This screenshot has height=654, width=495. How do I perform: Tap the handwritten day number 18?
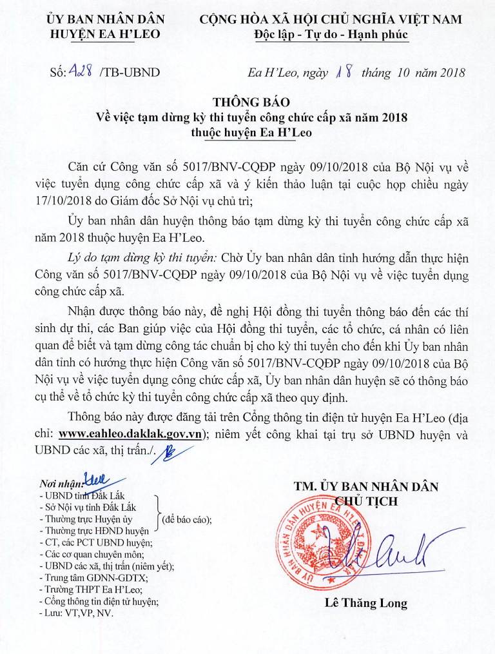point(344,72)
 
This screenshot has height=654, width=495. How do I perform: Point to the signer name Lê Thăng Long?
point(366,604)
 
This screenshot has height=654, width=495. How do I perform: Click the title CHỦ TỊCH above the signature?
point(366,500)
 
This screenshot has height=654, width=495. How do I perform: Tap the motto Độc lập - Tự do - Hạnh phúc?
point(331,34)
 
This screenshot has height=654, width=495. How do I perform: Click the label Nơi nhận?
point(61,484)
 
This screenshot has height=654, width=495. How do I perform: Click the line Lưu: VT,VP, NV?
point(76,613)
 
